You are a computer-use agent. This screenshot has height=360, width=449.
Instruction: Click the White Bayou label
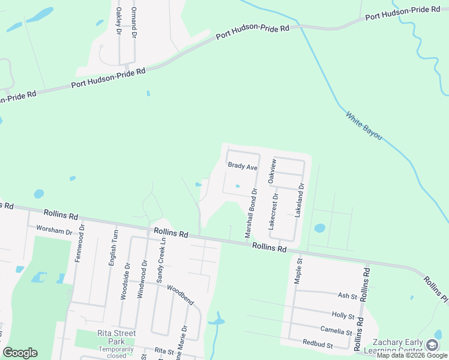click(x=364, y=125)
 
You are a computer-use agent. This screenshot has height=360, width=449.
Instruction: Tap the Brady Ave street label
click(x=242, y=166)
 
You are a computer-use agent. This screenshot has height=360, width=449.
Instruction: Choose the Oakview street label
click(x=273, y=172)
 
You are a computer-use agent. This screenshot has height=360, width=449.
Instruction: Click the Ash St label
click(x=348, y=296)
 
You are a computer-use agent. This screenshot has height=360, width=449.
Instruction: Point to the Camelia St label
click(x=337, y=331)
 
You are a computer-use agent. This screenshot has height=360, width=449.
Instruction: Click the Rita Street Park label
click(x=116, y=337)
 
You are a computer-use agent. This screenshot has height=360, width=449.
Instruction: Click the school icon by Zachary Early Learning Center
click(x=432, y=345)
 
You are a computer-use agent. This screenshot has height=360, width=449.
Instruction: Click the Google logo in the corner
click(x=20, y=353)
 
